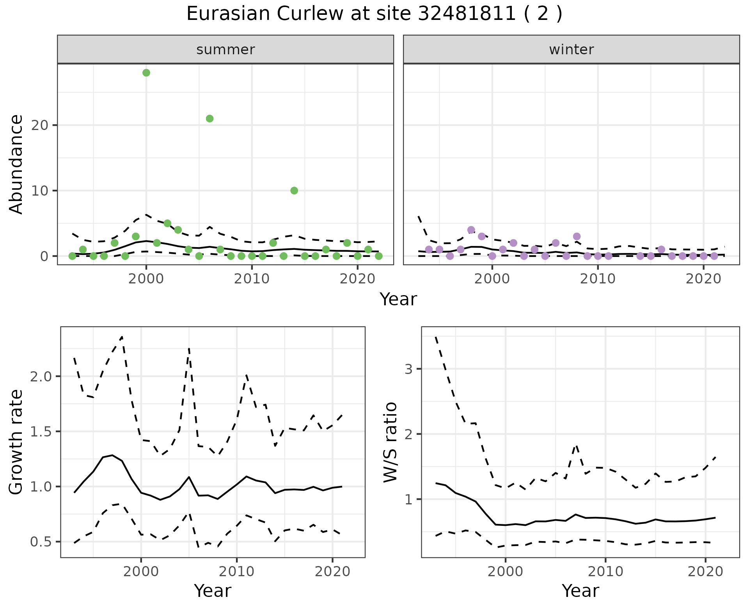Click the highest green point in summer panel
[x=146, y=73]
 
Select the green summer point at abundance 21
[x=209, y=119]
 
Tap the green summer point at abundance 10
[x=294, y=191]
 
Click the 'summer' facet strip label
[x=225, y=50]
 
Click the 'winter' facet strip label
[x=571, y=50]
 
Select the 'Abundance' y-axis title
[x=16, y=164]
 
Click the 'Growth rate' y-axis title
[x=16, y=442]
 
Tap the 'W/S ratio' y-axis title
[x=390, y=442]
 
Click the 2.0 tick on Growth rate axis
[x=41, y=376]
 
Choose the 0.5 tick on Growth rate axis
[x=41, y=542]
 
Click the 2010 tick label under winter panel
[x=597, y=279]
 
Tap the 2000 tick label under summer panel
[x=146, y=279]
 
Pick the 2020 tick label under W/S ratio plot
[x=705, y=572]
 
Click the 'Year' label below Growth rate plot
[x=213, y=591]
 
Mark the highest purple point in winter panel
[x=471, y=230]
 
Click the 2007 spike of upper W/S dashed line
[x=576, y=446]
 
